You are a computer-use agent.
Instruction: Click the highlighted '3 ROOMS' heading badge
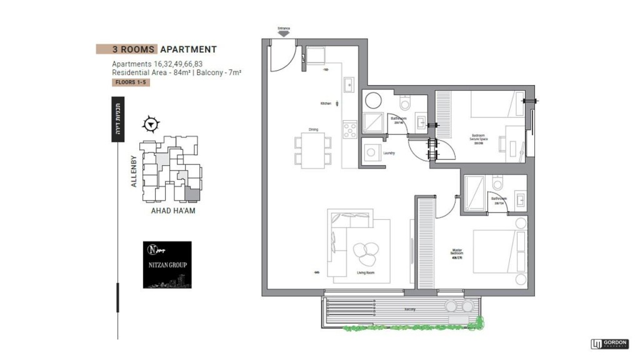click(x=127, y=49)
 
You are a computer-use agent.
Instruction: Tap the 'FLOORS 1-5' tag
click(x=131, y=82)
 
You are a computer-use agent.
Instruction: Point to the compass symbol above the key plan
click(x=150, y=124)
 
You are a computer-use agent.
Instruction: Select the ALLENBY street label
click(x=133, y=171)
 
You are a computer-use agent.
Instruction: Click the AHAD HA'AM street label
click(x=172, y=211)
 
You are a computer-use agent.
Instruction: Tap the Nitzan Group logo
click(x=167, y=264)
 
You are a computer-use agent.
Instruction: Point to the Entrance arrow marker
click(x=284, y=34)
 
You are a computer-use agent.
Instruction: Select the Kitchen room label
click(x=325, y=103)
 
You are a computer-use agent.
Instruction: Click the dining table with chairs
click(x=313, y=151)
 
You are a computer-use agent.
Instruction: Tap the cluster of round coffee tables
click(x=364, y=252)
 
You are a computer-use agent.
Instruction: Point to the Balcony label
click(x=409, y=309)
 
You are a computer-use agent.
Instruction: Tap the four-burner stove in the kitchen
click(x=349, y=130)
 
